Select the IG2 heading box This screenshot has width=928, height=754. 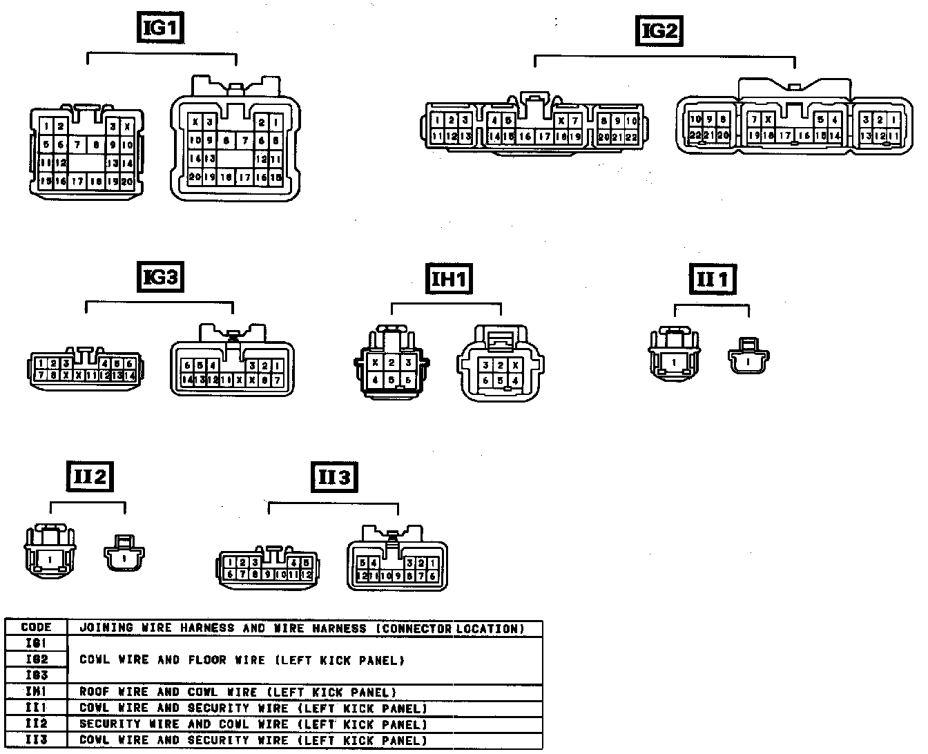click(x=659, y=31)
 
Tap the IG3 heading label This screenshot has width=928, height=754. click(x=161, y=278)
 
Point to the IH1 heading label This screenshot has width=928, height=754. click(x=449, y=279)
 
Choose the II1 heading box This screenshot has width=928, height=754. click(x=713, y=280)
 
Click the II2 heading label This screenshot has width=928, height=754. click(x=90, y=476)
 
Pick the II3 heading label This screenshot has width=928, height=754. click(x=334, y=476)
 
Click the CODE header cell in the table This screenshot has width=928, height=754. click(x=37, y=628)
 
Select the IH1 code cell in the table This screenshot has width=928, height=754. click(x=37, y=692)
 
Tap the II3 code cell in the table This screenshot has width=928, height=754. click(x=37, y=741)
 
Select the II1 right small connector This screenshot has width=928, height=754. click(x=748, y=357)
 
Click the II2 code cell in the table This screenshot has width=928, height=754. click(x=37, y=724)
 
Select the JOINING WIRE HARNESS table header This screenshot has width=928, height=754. click(x=302, y=628)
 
